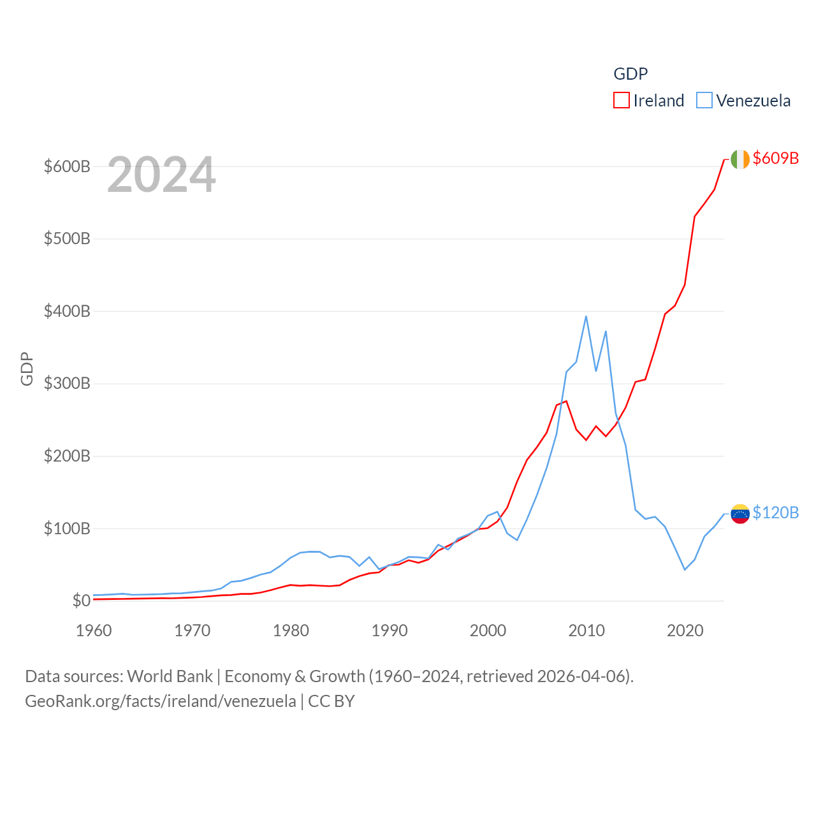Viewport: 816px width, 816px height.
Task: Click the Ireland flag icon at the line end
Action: coord(740,159)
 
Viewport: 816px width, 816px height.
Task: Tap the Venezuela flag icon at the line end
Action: coord(740,514)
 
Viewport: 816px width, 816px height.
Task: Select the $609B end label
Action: coord(775,158)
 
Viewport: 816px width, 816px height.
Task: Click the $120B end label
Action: coord(775,513)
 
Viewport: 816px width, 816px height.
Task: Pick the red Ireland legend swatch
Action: coord(622,101)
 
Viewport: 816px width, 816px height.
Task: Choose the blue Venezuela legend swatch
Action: coord(704,101)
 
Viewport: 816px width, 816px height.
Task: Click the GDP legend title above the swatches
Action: coord(630,74)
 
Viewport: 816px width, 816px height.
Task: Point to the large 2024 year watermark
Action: coord(161,175)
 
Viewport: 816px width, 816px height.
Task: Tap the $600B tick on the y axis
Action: coord(67,167)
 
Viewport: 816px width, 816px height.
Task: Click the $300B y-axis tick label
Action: coord(67,384)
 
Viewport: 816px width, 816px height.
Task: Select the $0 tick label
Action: coord(81,601)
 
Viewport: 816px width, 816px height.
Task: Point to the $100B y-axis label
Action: coord(67,528)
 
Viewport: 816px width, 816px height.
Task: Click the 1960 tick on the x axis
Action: coord(94,630)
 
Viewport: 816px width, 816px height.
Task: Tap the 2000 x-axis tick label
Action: coord(488,630)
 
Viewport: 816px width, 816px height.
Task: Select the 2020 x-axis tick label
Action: coord(685,630)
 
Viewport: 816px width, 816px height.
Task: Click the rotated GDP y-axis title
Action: coord(27,368)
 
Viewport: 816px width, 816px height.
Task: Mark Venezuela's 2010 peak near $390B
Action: coord(586,316)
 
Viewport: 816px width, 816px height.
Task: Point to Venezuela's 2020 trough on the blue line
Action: coord(685,569)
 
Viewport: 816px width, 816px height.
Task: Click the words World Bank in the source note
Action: coord(170,676)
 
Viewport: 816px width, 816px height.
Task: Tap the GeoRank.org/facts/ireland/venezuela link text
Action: coord(161,701)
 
